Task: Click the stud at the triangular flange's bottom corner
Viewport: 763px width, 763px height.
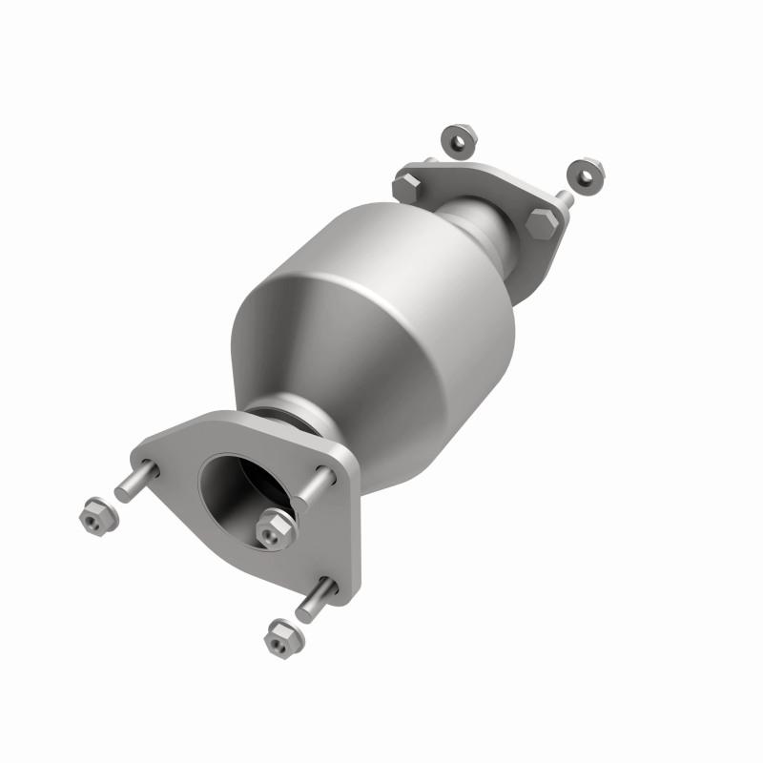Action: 315,599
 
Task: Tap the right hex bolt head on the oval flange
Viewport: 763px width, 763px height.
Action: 540,222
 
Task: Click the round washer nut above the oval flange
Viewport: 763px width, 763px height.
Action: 460,138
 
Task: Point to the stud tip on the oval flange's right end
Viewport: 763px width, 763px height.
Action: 565,198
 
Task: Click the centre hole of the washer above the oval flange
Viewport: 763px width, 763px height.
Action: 460,139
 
